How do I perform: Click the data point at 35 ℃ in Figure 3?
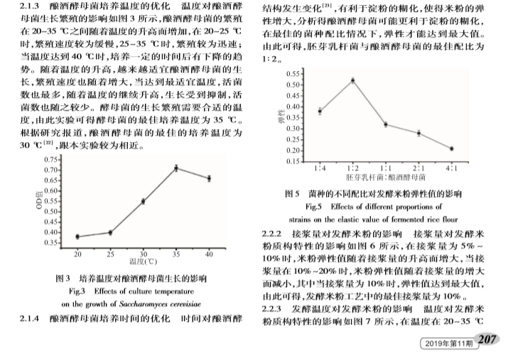175,168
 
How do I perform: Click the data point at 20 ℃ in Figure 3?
77,236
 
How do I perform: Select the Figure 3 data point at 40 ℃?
208,178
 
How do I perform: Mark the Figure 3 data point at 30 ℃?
143,201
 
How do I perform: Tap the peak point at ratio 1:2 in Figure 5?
352,80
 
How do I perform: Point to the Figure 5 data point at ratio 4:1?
452,148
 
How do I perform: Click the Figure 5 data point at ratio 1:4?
320,111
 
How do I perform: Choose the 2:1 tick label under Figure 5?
418,170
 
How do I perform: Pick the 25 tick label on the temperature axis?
110,253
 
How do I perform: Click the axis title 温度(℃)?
143,262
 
